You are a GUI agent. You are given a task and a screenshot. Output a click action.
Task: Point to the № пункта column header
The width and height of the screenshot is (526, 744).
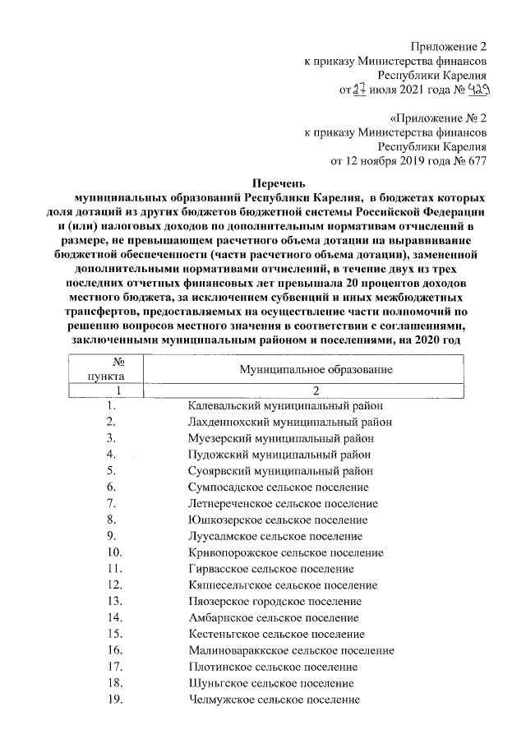coord(118,369)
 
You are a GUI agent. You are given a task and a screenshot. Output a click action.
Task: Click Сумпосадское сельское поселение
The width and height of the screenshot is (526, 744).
coord(278,487)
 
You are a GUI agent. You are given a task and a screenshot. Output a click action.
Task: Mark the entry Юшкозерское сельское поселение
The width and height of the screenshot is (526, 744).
coord(277,520)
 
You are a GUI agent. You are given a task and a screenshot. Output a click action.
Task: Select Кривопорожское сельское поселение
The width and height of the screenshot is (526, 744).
coord(285,552)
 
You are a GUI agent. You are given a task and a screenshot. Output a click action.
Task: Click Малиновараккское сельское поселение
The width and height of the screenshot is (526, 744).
coord(290,650)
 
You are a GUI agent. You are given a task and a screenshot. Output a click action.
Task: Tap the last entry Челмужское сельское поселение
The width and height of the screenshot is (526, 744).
coord(274,700)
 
